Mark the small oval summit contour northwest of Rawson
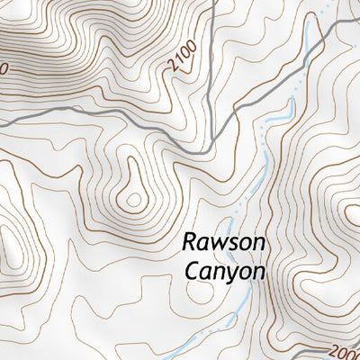point(136,198)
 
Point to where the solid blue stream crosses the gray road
point(308,53)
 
